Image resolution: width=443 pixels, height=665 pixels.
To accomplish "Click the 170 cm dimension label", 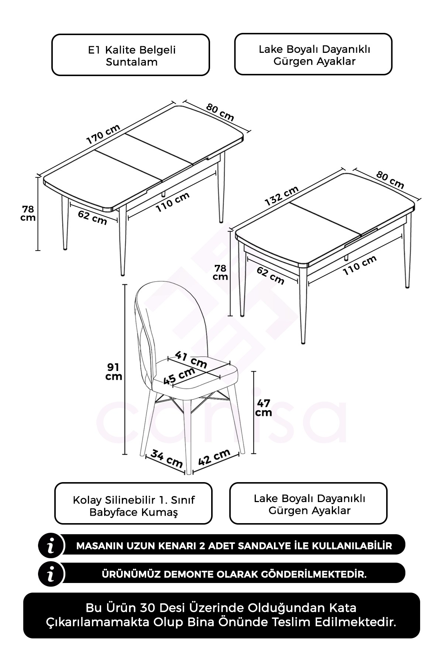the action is [103, 134].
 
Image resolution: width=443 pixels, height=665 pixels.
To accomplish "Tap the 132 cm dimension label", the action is [282, 196].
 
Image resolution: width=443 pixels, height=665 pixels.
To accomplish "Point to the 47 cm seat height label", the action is [264, 407].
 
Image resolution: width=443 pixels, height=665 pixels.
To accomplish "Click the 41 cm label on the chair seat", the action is [191, 359].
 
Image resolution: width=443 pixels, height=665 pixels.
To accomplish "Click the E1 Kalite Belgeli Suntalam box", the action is [131, 55].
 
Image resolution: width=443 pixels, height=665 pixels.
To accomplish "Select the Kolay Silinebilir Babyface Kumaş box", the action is [134, 503].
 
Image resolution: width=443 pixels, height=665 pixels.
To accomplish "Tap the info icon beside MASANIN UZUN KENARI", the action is [51, 545].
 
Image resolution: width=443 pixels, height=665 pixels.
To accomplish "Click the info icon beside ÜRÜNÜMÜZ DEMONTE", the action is [51, 574].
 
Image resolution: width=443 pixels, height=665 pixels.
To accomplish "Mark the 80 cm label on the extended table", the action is [220, 112].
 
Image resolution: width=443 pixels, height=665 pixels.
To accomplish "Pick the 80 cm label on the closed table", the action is [390, 180].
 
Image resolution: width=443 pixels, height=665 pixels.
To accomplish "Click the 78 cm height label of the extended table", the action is [28, 213].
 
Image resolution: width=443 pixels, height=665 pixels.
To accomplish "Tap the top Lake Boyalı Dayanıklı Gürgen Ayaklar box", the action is [313, 55].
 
